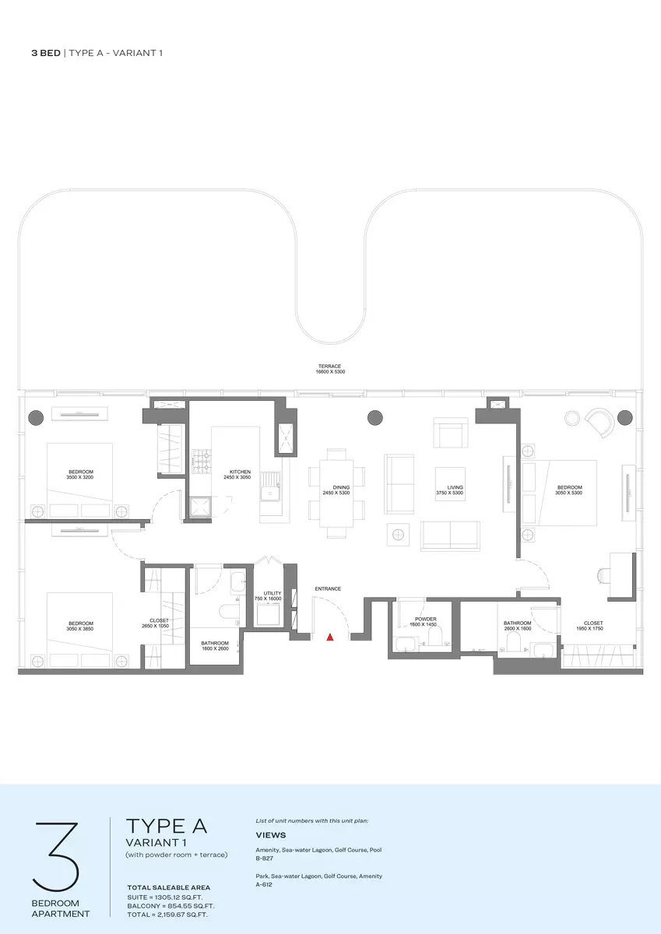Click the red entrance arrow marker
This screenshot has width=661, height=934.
(330, 637)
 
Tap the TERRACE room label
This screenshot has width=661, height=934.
(329, 366)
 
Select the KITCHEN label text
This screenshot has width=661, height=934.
(240, 472)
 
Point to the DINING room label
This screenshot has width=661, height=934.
(341, 487)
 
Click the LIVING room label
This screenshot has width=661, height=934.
(455, 487)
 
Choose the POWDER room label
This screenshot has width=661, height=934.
(425, 620)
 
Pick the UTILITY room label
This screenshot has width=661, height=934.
(272, 593)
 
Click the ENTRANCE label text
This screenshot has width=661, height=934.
(328, 588)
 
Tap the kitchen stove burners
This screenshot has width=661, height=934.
(201, 462)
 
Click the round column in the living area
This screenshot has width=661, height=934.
(375, 417)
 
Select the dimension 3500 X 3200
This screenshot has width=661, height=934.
(79, 477)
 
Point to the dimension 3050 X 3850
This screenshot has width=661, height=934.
(79, 629)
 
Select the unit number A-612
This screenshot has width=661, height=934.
(264, 884)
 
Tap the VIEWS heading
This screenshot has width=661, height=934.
(271, 835)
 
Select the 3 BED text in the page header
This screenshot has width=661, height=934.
(46, 53)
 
